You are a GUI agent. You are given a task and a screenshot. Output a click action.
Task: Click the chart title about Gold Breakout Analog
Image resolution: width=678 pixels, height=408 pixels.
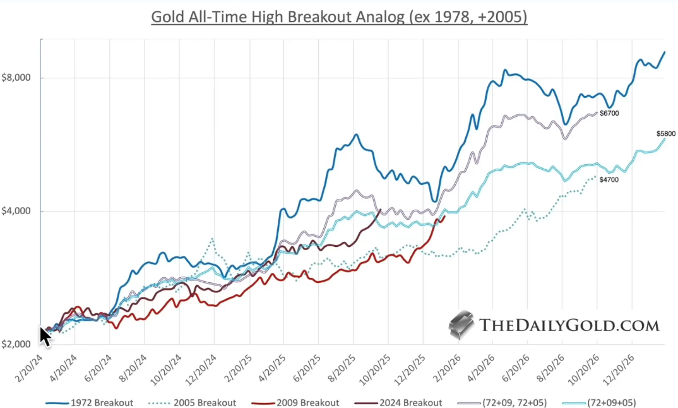point(339,16)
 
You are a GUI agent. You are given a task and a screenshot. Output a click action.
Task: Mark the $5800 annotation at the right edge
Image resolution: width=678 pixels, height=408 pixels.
point(666,134)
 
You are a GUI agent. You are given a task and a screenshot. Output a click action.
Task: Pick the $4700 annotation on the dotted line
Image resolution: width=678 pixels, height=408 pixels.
point(609,181)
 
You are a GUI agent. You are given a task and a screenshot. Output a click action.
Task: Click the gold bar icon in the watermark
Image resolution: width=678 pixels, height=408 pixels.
point(462,323)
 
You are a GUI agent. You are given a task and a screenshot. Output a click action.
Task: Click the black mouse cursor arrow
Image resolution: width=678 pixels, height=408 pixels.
point(45,336)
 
